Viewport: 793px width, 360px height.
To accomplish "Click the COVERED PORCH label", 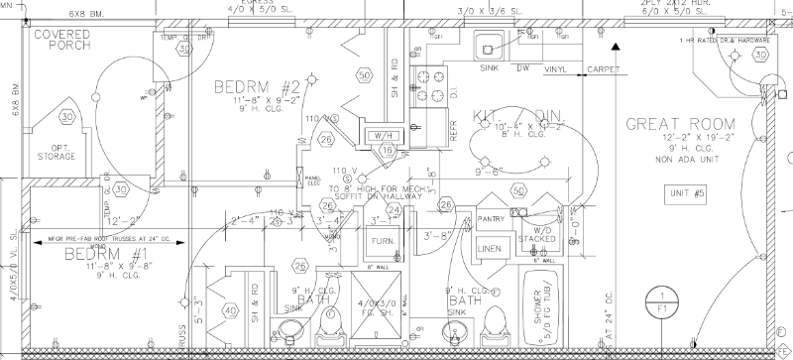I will click(63, 41).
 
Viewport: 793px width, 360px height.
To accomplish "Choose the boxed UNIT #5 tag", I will click(686, 191).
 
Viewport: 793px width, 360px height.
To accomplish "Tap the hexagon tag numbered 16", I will click(388, 151).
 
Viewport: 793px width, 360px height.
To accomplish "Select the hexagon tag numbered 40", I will click(231, 310).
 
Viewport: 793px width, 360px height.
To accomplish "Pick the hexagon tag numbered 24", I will click(394, 209).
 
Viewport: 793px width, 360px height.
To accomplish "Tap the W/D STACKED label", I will click(540, 234).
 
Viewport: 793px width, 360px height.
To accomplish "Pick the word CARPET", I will click(604, 69).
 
